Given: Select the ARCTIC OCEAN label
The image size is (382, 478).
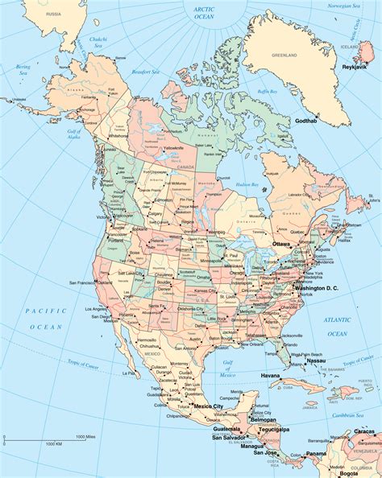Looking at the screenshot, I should coord(206,13).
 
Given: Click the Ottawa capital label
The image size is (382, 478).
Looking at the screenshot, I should coord(281,243).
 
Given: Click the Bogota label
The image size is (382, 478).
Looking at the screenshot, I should coord(360,472).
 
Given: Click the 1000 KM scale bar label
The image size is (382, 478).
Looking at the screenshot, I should coord(54,443).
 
